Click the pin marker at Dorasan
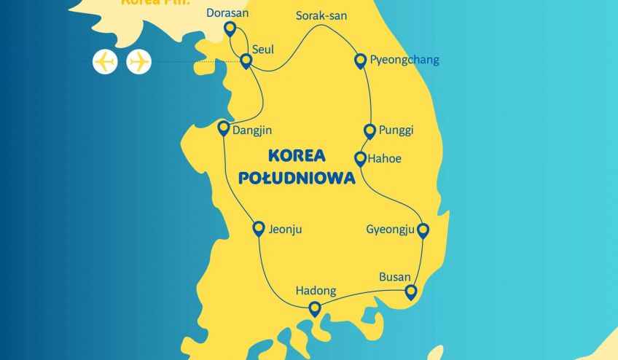(230, 28)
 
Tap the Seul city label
(263, 50)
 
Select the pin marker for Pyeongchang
(360, 60)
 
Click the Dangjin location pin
(224, 128)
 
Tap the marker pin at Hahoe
(360, 158)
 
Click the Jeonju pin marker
(258, 228)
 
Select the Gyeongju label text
(390, 230)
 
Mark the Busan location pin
(411, 292)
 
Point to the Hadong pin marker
(315, 308)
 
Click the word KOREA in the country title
(297, 155)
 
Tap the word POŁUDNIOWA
(297, 177)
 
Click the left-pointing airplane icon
(105, 61)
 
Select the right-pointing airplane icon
(138, 61)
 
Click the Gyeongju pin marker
(422, 230)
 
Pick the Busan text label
(396, 277)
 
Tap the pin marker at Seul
(246, 61)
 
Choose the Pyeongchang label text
(404, 60)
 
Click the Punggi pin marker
(370, 131)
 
